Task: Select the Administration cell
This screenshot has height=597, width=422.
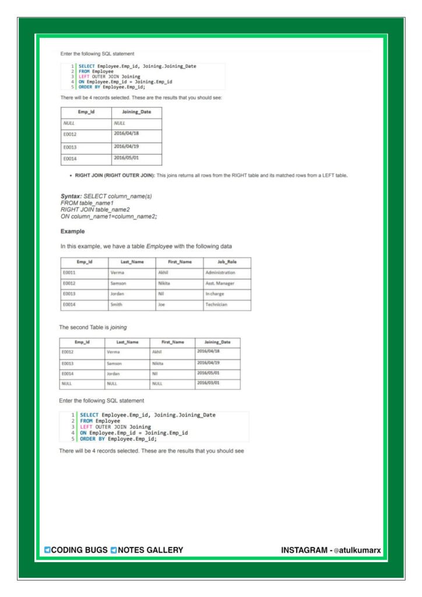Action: [x=220, y=272]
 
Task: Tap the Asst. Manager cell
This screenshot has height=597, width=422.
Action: [x=220, y=283]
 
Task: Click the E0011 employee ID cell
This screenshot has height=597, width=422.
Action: [x=69, y=272]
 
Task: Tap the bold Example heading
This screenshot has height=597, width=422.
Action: [x=73, y=231]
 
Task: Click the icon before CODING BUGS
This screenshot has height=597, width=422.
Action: [x=47, y=550]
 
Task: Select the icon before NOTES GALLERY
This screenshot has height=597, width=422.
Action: [x=114, y=550]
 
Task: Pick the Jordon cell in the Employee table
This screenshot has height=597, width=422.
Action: [x=118, y=294]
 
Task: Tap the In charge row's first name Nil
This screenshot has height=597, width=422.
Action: [x=161, y=294]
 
